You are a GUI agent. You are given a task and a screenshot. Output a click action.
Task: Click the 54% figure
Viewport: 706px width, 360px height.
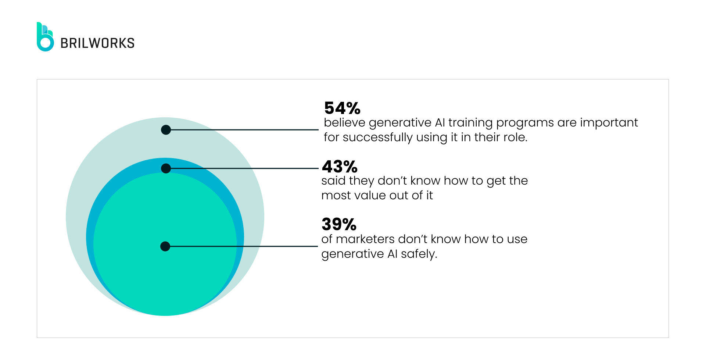pos(342,108)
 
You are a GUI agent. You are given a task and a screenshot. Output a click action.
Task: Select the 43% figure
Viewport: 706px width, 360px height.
pos(340,167)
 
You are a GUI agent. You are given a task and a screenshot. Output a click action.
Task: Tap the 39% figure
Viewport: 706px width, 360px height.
pos(339,224)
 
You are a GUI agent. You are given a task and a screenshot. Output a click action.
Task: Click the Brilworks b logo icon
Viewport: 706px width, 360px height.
pos(45,37)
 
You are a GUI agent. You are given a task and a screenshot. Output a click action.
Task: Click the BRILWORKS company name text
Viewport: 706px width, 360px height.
pos(97,43)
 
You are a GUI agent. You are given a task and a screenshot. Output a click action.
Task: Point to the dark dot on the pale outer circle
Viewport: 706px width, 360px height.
pos(166,130)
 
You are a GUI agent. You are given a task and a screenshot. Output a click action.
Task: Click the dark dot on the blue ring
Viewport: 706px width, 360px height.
pos(166,168)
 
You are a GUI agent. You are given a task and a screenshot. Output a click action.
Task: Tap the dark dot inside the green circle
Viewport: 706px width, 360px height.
pos(165,246)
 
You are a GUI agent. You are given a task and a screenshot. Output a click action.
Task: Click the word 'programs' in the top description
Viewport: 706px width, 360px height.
pos(525,123)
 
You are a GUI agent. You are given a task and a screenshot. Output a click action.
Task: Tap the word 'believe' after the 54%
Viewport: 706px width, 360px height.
pos(344,123)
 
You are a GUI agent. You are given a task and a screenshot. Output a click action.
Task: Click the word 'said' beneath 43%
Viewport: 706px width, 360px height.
pos(333,181)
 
